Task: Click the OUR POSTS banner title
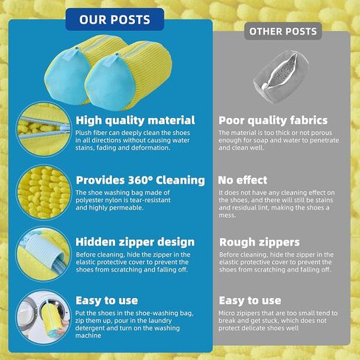click(114, 19)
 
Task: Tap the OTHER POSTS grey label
click(283, 31)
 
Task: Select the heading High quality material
click(135, 120)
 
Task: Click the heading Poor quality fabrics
click(273, 120)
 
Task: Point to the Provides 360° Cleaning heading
click(140, 180)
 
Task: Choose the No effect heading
click(243, 180)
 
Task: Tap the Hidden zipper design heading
click(135, 242)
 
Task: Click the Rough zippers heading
click(260, 242)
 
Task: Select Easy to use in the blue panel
click(107, 300)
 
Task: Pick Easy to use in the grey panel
click(250, 300)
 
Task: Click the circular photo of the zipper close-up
click(44, 129)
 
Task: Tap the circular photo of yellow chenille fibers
click(44, 192)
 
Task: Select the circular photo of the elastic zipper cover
click(44, 254)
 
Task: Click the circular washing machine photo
click(44, 317)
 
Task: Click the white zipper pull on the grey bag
click(265, 86)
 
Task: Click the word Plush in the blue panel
click(83, 133)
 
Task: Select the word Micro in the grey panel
click(226, 314)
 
